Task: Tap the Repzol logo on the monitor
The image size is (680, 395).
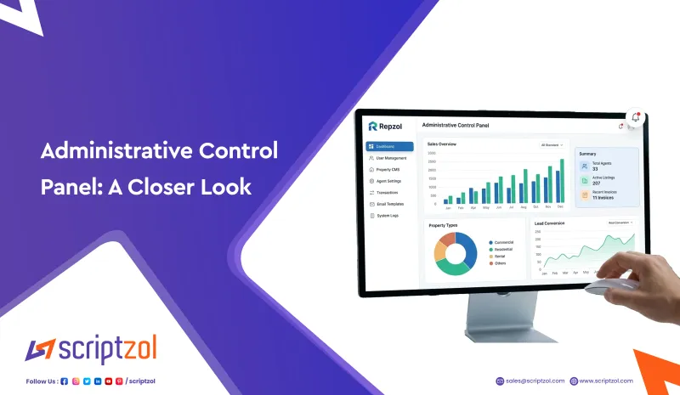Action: click(x=387, y=125)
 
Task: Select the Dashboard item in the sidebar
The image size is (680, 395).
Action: click(x=389, y=146)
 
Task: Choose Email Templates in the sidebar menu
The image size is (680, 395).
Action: click(x=391, y=204)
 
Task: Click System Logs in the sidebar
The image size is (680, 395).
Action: click(x=388, y=216)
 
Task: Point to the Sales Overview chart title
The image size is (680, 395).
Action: click(x=442, y=144)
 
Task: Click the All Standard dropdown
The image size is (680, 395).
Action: click(x=552, y=144)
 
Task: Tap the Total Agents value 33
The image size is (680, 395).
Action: click(x=595, y=169)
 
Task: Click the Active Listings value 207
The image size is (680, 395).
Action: click(x=597, y=183)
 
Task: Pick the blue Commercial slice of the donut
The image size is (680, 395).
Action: click(x=467, y=248)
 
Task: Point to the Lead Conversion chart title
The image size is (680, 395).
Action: click(x=550, y=224)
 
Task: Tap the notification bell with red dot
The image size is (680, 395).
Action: click(x=634, y=118)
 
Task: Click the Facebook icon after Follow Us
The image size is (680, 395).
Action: click(x=65, y=381)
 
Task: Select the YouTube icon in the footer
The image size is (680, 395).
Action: click(x=109, y=381)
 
